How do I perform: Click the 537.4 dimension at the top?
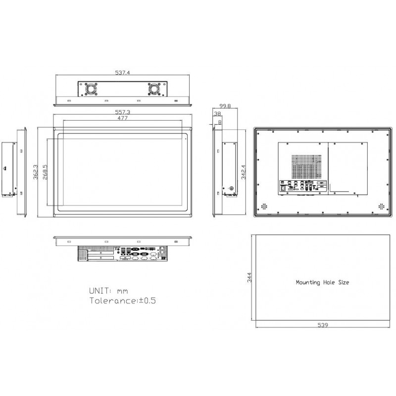point(122,73)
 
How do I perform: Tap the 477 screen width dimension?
point(122,119)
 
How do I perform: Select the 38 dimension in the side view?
point(217,114)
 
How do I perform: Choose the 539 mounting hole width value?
point(322,325)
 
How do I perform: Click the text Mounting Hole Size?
point(322,283)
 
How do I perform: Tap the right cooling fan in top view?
point(153,89)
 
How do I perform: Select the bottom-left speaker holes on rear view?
point(264,205)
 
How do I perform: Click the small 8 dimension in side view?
point(220,121)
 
